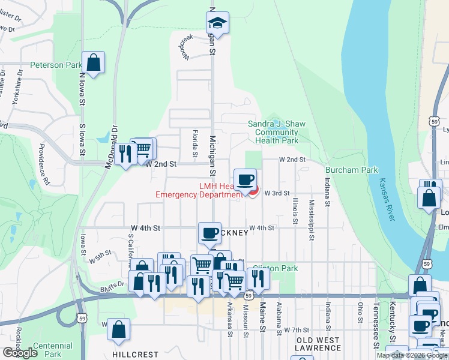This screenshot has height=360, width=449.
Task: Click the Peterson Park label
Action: click(56, 65)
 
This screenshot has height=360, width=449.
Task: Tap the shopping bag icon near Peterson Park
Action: click(94, 62)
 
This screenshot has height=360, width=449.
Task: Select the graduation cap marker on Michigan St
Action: click(217, 25)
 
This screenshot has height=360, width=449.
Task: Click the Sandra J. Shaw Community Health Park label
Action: click(277, 132)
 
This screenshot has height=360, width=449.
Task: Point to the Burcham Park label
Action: click(352, 170)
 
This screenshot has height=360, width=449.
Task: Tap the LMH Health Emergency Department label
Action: click(199, 190)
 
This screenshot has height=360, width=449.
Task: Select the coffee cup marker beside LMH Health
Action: click(245, 179)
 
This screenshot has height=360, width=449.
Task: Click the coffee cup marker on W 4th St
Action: click(210, 233)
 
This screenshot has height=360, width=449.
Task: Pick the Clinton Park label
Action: click(276, 268)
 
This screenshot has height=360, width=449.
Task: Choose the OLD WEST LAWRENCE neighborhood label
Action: click(318, 344)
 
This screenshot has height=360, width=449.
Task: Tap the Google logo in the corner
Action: click(20, 353)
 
